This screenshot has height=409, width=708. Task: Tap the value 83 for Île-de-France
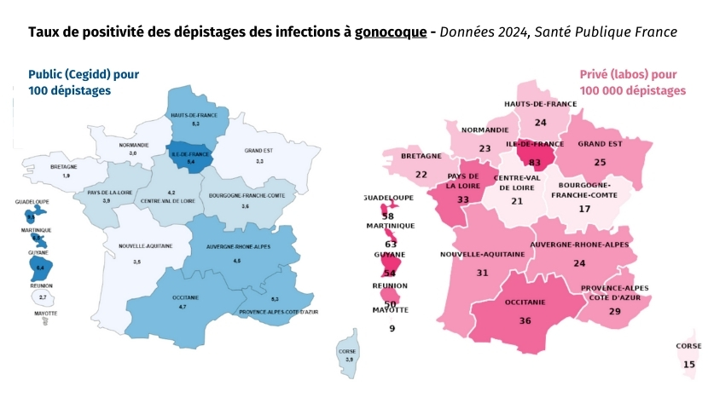click(x=535, y=162)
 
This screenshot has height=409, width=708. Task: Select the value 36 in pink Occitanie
click(x=525, y=320)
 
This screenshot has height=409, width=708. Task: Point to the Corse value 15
click(x=689, y=364)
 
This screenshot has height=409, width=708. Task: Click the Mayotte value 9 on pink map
click(x=392, y=328)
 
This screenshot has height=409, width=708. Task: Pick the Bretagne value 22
click(x=421, y=174)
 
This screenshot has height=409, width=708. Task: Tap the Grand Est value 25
click(x=600, y=162)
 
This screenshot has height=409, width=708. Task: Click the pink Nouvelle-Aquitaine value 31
click(x=482, y=273)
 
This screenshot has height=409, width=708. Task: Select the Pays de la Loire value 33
click(x=463, y=199)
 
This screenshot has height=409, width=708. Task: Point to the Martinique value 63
click(x=391, y=245)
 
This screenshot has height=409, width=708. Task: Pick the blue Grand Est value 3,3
click(x=258, y=160)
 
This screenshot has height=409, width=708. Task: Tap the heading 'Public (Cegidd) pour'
click(x=84, y=74)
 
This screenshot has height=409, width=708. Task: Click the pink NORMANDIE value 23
click(x=485, y=148)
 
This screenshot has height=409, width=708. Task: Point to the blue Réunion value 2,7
click(x=43, y=297)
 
